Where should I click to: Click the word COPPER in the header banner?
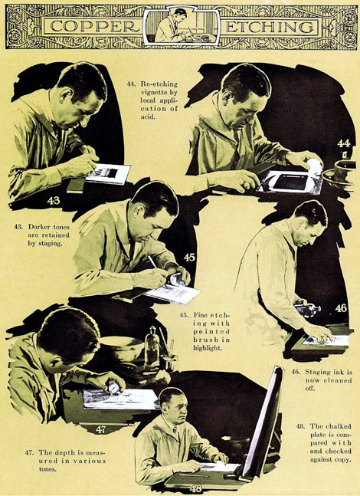click(94, 27)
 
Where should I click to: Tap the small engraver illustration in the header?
click(181, 26)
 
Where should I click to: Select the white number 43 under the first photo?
click(54, 200)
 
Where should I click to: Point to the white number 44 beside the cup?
click(344, 143)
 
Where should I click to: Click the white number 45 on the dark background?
click(189, 258)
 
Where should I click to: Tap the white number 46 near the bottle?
click(341, 307)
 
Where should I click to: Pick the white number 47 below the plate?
click(100, 429)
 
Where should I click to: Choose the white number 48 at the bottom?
click(195, 488)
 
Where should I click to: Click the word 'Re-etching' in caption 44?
click(159, 84)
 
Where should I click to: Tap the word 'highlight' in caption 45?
click(207, 348)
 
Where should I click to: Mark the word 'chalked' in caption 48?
click(339, 426)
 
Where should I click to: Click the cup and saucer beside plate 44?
click(340, 174)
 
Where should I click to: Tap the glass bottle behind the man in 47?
click(152, 348)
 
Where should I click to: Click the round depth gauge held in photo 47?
click(114, 387)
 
